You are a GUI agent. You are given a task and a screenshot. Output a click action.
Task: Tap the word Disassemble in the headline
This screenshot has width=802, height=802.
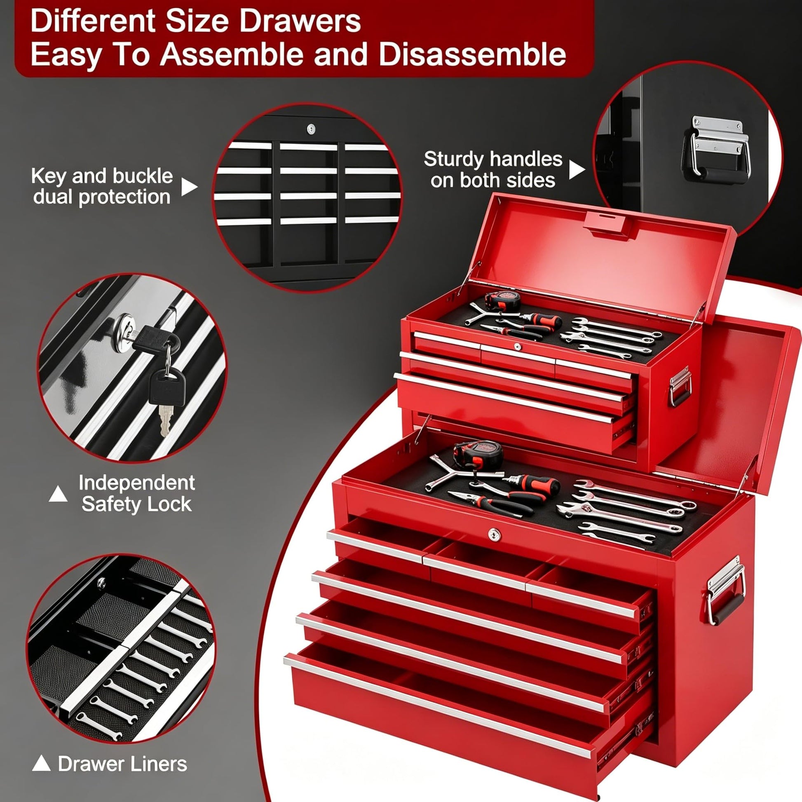tap(472, 54)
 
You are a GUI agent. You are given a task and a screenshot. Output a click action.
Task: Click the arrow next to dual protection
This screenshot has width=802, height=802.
tap(189, 187)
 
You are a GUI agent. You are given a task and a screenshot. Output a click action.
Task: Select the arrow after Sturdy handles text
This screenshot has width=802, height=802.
tap(577, 169)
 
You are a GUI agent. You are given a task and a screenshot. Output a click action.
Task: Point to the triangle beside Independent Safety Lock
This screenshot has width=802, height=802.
tap(58, 494)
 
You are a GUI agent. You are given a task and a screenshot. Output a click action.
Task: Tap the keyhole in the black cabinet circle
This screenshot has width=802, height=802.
tap(311, 128)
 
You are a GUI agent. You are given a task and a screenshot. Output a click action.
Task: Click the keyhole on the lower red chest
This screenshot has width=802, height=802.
tap(494, 534)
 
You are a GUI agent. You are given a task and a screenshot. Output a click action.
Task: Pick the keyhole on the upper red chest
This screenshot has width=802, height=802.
tap(517, 346)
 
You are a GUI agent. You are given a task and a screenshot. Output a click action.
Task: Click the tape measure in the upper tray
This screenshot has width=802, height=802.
tap(503, 301)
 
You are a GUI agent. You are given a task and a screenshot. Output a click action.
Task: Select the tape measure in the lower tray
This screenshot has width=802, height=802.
tap(478, 455)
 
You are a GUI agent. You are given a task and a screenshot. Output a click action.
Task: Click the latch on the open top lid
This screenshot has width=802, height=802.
tap(607, 225)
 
